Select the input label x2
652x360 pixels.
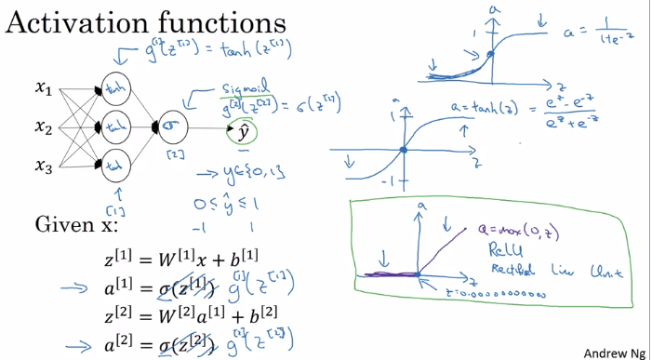click(x=44, y=126)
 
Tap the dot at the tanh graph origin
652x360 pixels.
click(x=402, y=149)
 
